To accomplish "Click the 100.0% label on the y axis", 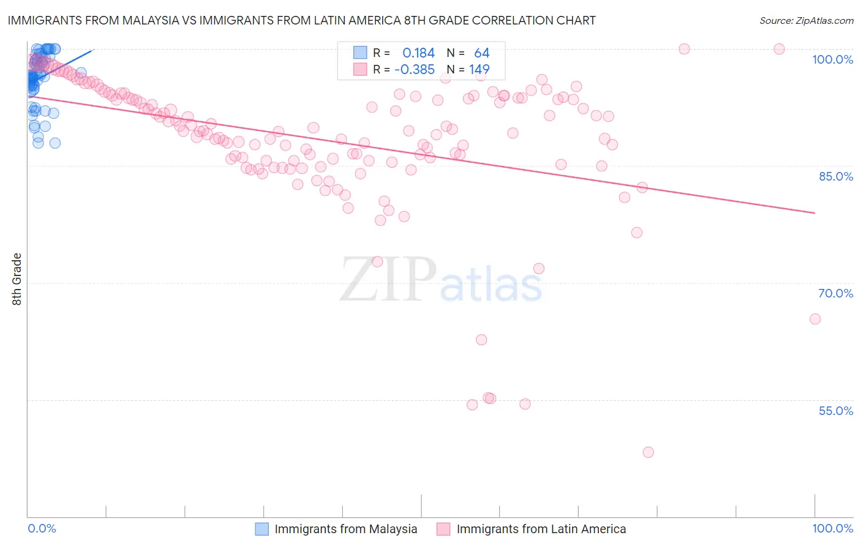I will coord(832,59).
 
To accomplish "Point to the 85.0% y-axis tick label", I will coord(835,176).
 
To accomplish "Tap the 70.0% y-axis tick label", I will coord(835,293).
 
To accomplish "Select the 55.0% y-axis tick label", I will coord(835,411).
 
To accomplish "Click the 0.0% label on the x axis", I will coord(42,528).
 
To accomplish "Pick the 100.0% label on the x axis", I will coord(832,528).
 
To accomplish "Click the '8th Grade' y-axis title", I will coord(17,279).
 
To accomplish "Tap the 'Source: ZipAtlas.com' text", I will coord(806,20).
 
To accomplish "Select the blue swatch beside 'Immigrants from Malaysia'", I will coord(261,529).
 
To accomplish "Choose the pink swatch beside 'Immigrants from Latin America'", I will coord(443,529).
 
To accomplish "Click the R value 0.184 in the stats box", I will coord(418,53).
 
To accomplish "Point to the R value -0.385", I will coord(415,70).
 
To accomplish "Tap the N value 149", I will coord(479,70).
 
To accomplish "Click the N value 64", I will coord(481,53).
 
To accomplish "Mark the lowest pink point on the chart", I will coord(648,452).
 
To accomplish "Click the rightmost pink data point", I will coord(814,319).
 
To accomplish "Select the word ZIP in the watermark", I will coord(388,280).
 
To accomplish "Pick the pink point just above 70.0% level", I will coord(538,269).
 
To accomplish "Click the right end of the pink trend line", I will coord(814,213).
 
